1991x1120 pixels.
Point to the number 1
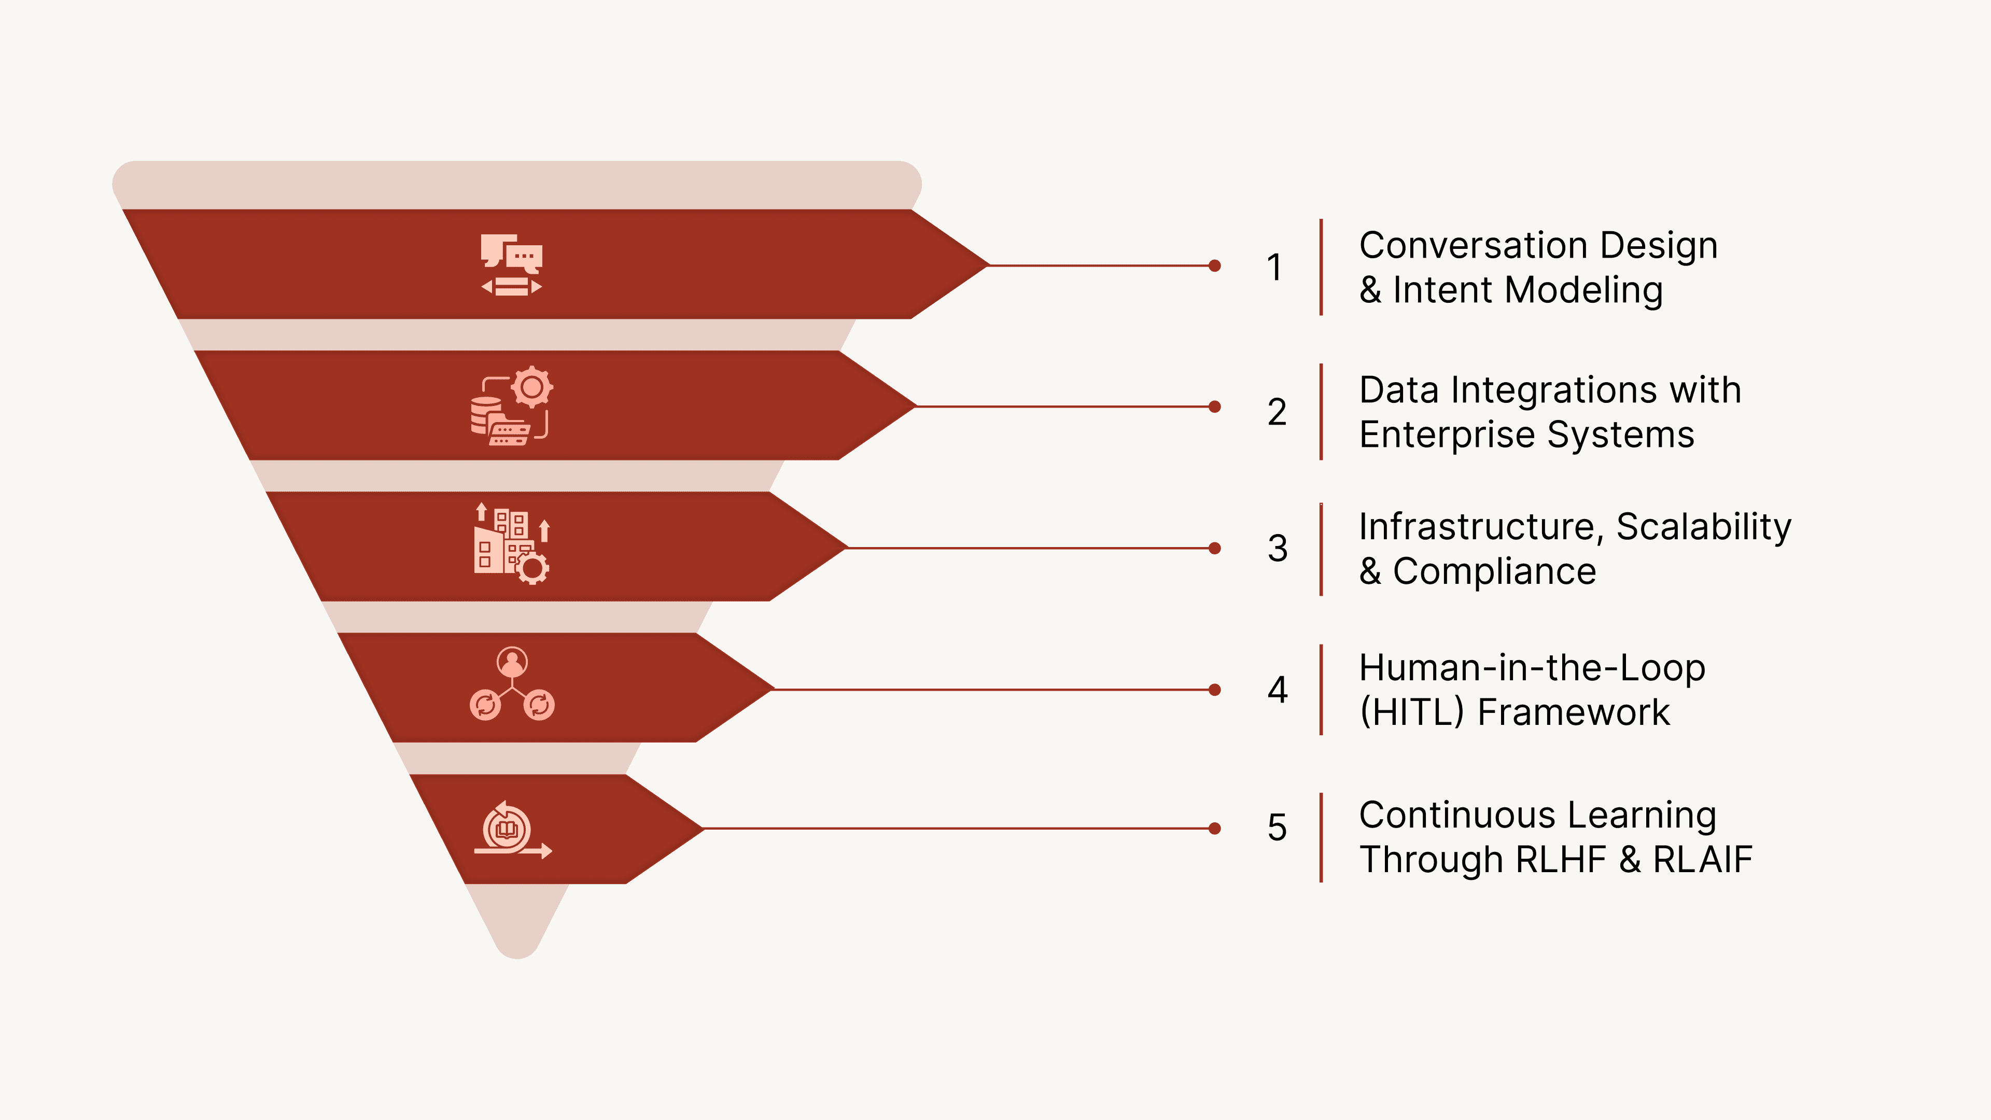[x=1274, y=268]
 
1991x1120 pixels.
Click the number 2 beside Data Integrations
[x=1277, y=412]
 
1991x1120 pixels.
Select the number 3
[x=1278, y=549]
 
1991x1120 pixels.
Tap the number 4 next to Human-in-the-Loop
[x=1278, y=690]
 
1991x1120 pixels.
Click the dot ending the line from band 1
[x=1214, y=266]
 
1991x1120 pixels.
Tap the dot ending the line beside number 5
[x=1214, y=829]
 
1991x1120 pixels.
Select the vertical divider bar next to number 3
[x=1321, y=549]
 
